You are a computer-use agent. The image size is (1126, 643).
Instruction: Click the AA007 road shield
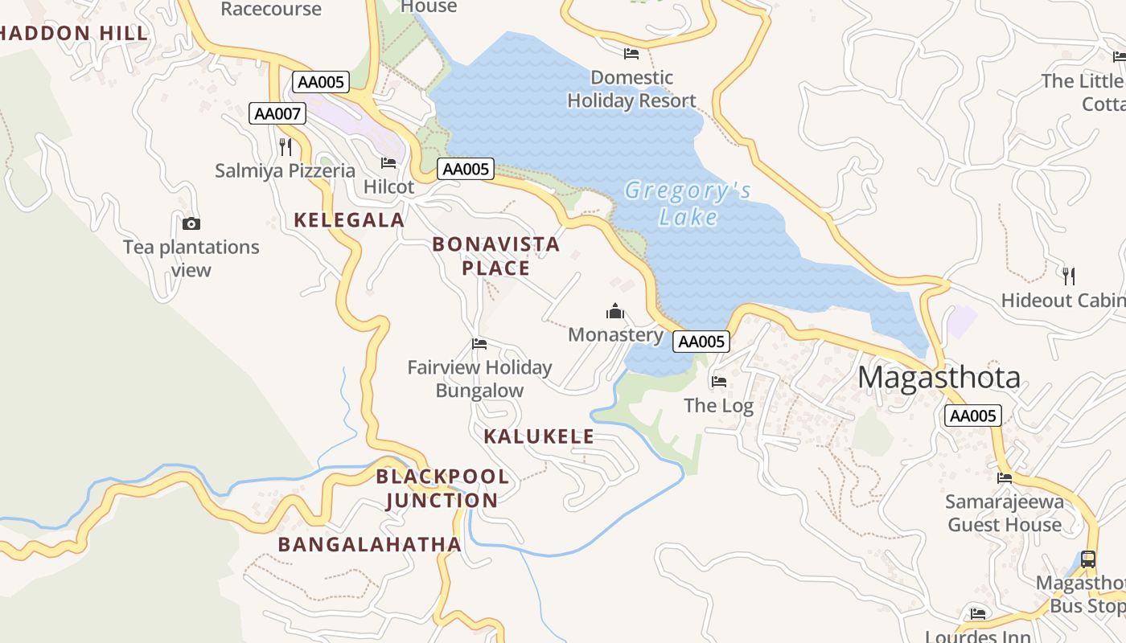[277, 113]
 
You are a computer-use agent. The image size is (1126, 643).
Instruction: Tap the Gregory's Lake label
[688, 203]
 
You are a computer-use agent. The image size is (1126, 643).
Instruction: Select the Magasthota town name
[939, 377]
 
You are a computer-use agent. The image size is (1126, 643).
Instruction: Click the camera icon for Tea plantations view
[191, 224]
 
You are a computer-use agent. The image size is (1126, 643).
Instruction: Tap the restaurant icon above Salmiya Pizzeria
[285, 146]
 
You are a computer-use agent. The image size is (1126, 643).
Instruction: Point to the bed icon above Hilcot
[388, 163]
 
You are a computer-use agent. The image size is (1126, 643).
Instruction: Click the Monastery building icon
[615, 311]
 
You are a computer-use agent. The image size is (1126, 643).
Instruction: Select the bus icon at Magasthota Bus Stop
[1087, 559]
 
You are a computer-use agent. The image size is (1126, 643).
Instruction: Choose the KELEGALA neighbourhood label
[348, 220]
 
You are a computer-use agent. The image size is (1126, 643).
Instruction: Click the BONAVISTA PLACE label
[495, 256]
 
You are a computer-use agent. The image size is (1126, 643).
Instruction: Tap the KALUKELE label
[539, 436]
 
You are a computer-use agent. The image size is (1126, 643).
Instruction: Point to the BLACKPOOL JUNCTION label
[442, 488]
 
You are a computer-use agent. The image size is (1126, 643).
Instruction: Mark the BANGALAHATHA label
[369, 544]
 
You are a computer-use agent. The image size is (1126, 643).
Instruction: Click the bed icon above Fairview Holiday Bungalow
[479, 344]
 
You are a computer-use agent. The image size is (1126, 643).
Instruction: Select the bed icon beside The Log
[719, 381]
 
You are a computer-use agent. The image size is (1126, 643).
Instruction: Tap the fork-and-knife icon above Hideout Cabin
[1068, 276]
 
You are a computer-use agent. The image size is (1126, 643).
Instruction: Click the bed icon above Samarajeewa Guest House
[1005, 477]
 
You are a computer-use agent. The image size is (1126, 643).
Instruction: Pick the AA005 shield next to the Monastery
[701, 342]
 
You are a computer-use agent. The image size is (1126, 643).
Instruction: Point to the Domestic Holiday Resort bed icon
[631, 54]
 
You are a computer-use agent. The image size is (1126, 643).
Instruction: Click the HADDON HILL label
[74, 33]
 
